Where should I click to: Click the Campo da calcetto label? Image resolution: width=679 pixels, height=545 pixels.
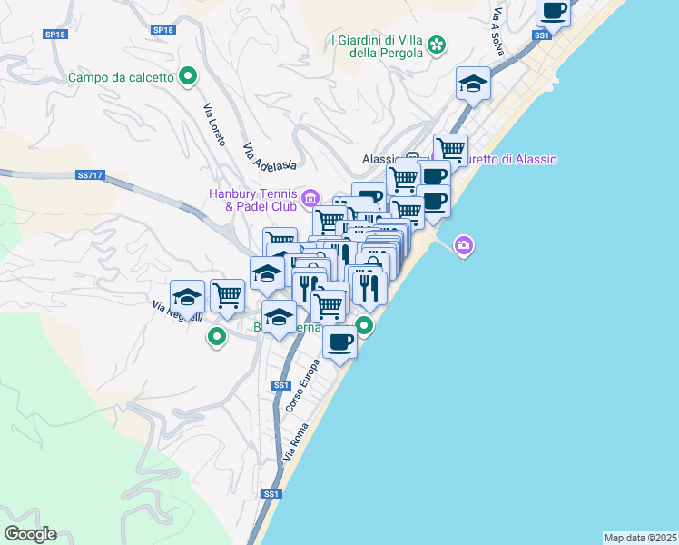click(x=121, y=77)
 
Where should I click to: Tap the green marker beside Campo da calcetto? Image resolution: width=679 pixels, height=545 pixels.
click(x=188, y=76)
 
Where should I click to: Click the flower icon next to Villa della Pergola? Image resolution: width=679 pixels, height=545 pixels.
click(x=437, y=45)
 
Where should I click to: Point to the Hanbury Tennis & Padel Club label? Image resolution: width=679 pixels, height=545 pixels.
click(x=252, y=199)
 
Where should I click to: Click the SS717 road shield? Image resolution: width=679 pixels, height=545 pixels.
click(x=89, y=175)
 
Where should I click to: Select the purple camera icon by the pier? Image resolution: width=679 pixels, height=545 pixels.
click(x=464, y=245)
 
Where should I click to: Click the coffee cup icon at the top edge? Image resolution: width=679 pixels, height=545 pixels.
click(x=553, y=11)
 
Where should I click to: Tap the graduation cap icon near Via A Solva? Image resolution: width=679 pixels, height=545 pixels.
click(x=473, y=84)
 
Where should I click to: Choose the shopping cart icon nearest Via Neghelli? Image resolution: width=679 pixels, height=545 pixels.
click(x=227, y=294)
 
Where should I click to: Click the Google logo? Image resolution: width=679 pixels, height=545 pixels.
click(x=30, y=534)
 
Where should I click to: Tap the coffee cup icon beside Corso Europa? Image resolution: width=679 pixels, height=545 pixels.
click(x=339, y=342)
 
